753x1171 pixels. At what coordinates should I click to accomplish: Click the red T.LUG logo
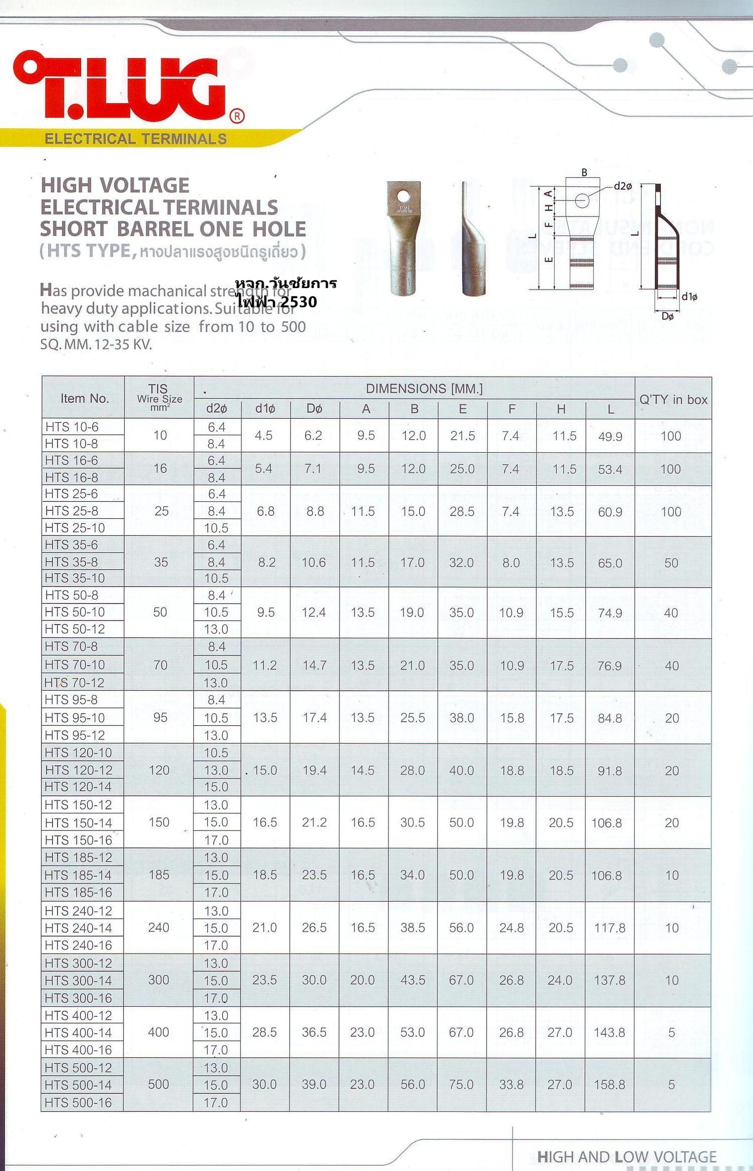click(125, 88)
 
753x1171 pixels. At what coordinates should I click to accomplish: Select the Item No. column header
click(84, 399)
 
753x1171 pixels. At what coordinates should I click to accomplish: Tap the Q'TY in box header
click(673, 400)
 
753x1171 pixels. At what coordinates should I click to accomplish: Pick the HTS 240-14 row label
click(78, 928)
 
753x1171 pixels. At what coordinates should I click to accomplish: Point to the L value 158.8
click(609, 1084)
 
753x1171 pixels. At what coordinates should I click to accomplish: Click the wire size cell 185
click(159, 875)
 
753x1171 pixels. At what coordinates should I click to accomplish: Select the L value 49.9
click(610, 436)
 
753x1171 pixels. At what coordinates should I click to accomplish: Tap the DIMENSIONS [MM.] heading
click(424, 389)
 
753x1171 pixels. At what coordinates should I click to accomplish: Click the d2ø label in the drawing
click(622, 186)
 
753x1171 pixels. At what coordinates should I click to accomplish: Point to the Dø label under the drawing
click(667, 316)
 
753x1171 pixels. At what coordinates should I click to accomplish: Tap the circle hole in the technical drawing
click(582, 201)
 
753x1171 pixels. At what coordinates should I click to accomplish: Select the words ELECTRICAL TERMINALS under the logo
click(136, 139)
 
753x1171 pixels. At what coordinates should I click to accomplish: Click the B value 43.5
click(413, 980)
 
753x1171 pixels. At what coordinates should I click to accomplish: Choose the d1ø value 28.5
click(264, 1032)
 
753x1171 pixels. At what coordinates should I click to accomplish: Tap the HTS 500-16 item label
click(78, 1102)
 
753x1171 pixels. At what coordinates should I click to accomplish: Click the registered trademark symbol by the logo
click(237, 116)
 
